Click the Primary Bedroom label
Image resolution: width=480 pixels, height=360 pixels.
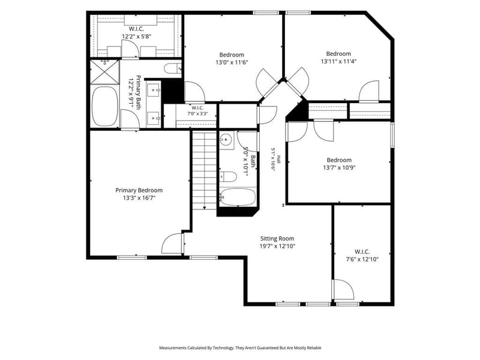pyautogui.click(x=139, y=190)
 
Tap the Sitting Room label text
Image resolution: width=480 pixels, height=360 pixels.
pyautogui.click(x=277, y=238)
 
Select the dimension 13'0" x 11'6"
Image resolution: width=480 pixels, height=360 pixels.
pyautogui.click(x=232, y=62)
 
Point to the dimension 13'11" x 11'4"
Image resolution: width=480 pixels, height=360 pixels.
pyautogui.click(x=338, y=61)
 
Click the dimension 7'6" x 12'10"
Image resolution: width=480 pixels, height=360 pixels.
pyautogui.click(x=362, y=259)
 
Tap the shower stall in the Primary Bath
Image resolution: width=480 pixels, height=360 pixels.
pyautogui.click(x=104, y=72)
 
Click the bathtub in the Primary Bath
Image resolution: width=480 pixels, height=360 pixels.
pyautogui.click(x=105, y=106)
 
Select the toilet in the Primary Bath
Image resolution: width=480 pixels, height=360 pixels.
pyautogui.click(x=173, y=68)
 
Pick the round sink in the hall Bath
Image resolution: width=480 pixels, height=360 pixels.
pyautogui.click(x=226, y=140)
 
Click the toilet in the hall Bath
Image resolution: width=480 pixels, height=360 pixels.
pyautogui.click(x=228, y=177)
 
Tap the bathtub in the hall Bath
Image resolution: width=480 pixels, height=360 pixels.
pyautogui.click(x=238, y=197)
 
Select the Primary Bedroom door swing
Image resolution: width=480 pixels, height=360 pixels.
pyautogui.click(x=172, y=244)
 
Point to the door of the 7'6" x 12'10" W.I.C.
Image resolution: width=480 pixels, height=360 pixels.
pyautogui.click(x=343, y=289)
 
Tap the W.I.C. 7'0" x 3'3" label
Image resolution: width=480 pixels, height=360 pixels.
pyautogui.click(x=197, y=110)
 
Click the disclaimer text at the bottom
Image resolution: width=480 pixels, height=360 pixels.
pyautogui.click(x=240, y=348)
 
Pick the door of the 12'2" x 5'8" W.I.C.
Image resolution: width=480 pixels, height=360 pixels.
pyautogui.click(x=130, y=49)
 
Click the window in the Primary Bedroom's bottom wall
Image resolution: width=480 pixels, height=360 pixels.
pyautogui.click(x=132, y=257)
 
